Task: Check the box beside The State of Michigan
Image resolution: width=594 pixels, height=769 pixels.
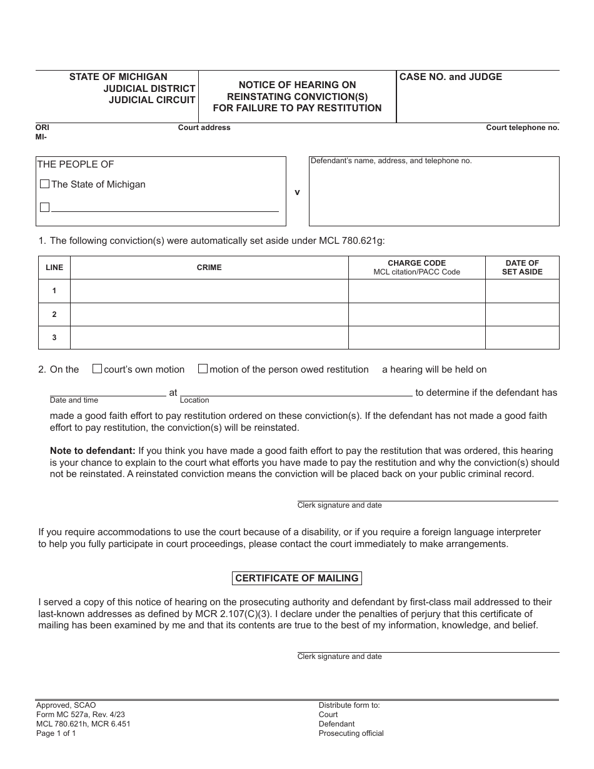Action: coord(44,184)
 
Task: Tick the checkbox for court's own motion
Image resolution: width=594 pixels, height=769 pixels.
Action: coord(97,369)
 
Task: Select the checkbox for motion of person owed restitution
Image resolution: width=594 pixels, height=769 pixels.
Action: coord(203,369)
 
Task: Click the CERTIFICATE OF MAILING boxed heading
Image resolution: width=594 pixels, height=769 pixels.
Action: coord(297,578)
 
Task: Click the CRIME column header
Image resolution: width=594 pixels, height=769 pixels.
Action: coord(209,268)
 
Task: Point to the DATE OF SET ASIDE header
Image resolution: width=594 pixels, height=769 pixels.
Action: coord(522,268)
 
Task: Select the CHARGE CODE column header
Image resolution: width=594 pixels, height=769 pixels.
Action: coord(416,263)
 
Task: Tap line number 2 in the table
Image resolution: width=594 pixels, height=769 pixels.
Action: coord(54,314)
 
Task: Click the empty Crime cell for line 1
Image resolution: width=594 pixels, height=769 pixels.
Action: coord(209,291)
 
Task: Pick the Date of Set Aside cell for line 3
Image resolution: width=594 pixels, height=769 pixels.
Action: coord(522,338)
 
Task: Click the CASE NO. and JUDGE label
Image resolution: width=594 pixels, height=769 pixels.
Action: coord(451,77)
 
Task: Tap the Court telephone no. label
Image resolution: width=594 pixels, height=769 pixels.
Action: coord(523,128)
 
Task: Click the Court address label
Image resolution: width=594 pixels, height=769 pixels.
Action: coord(204,128)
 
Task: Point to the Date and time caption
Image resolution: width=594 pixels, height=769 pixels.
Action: coord(74,400)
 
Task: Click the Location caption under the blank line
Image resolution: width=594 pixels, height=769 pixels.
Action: coord(194,400)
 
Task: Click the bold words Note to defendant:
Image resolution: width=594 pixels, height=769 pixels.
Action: coord(93,451)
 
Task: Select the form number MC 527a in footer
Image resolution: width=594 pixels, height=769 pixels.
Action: coord(74,715)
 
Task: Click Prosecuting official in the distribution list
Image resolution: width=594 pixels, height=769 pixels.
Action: coord(351,733)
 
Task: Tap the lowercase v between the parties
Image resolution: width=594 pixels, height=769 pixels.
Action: coord(297,192)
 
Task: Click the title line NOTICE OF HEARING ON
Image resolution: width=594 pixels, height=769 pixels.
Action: coord(297,85)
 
